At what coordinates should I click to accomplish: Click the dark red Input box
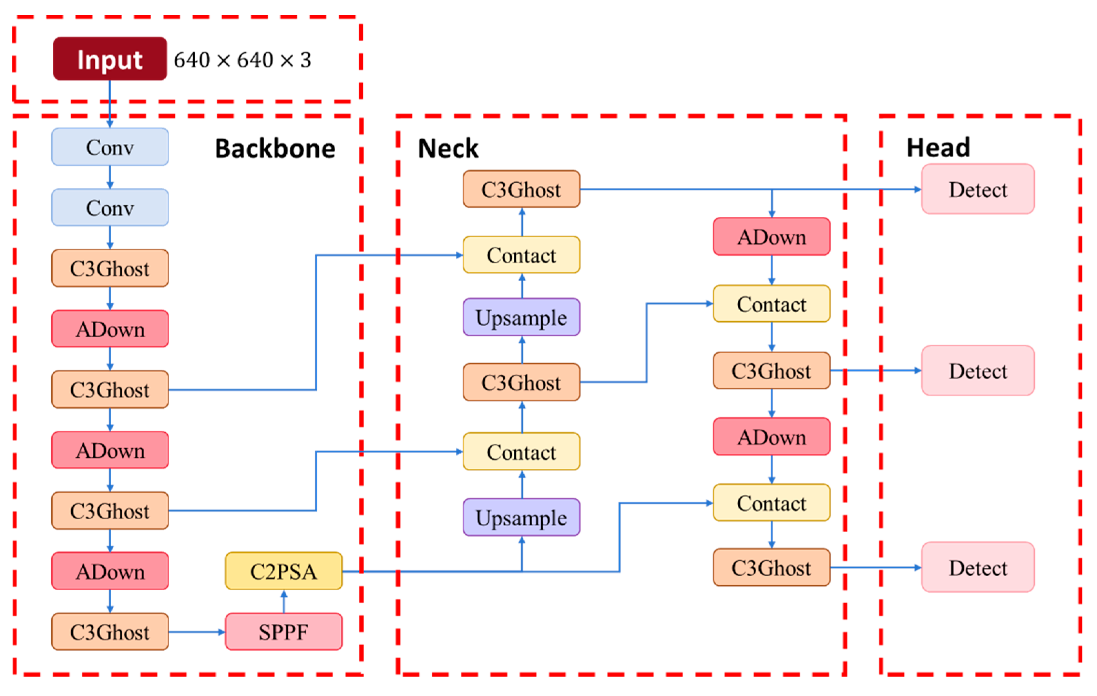tap(110, 59)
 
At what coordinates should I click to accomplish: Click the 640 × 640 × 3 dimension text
tap(242, 60)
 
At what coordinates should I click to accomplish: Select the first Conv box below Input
tap(110, 147)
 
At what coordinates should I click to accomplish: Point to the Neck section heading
tap(448, 149)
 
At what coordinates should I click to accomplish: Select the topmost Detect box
tap(978, 189)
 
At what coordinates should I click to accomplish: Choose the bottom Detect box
tap(978, 567)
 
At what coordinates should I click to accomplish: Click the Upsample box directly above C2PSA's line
tap(521, 517)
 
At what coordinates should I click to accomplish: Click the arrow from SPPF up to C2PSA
tap(284, 601)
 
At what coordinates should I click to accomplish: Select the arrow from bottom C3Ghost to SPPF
tap(196, 632)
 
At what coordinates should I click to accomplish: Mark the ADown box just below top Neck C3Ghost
tap(771, 236)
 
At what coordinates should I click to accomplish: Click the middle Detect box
tap(978, 371)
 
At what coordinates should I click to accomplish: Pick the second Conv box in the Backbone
tap(110, 208)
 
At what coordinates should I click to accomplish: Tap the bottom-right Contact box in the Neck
tap(771, 503)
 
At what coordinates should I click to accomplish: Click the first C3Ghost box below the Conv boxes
tap(110, 268)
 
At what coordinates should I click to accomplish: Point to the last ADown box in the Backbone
tap(110, 571)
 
